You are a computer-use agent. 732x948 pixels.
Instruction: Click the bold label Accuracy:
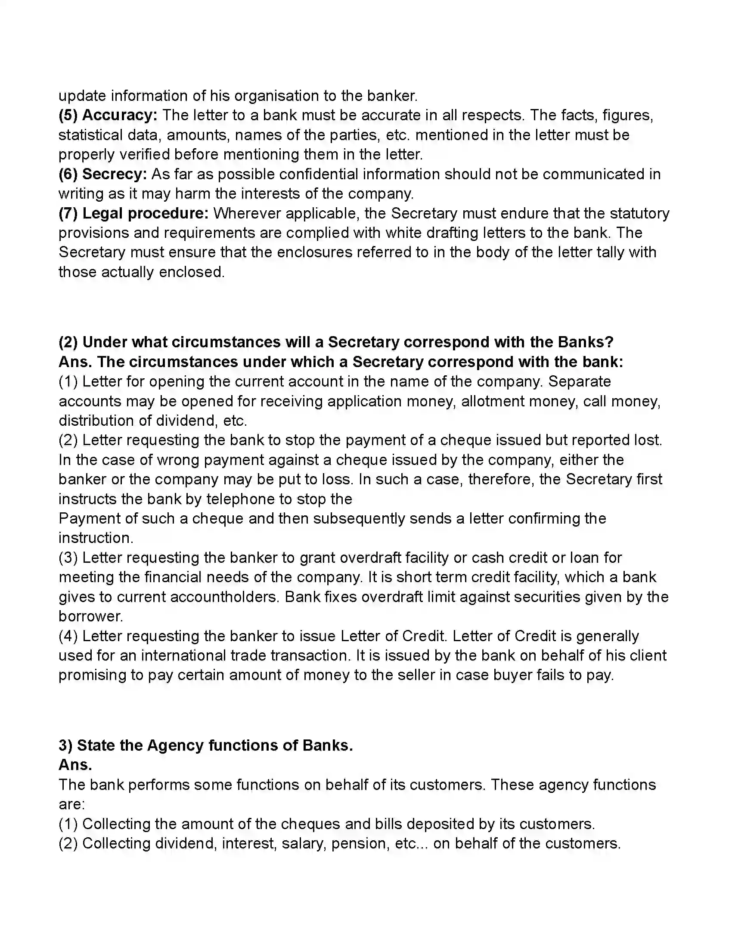pyautogui.click(x=120, y=115)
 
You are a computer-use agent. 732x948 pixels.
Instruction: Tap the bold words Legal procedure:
pyautogui.click(x=146, y=214)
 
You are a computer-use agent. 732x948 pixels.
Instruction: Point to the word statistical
pyautogui.click(x=90, y=135)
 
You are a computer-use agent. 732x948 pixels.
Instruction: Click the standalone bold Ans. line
pyautogui.click(x=75, y=765)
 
